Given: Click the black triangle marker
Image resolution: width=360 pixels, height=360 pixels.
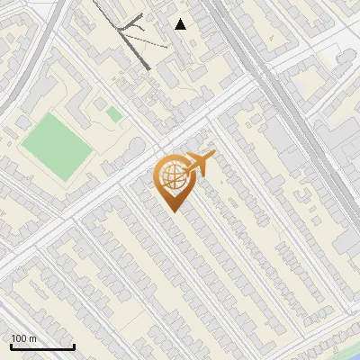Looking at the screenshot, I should pyautogui.click(x=181, y=24).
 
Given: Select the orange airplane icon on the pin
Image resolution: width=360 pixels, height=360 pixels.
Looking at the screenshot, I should pyautogui.click(x=200, y=164).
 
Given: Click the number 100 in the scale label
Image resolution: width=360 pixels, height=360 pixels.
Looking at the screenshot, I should pyautogui.click(x=19, y=338).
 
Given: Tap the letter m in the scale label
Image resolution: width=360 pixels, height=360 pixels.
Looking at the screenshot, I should pyautogui.click(x=32, y=338).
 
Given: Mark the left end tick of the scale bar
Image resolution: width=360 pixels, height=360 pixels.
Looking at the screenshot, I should pyautogui.click(x=11, y=346).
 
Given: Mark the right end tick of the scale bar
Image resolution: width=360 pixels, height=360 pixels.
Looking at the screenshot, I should pyautogui.click(x=74, y=346).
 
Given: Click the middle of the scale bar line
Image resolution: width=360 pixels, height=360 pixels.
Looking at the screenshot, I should pyautogui.click(x=42, y=347).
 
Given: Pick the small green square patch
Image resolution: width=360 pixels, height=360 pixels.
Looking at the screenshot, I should pyautogui.click(x=113, y=114).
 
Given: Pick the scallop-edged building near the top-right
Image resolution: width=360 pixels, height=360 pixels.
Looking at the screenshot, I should pyautogui.click(x=345, y=59).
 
